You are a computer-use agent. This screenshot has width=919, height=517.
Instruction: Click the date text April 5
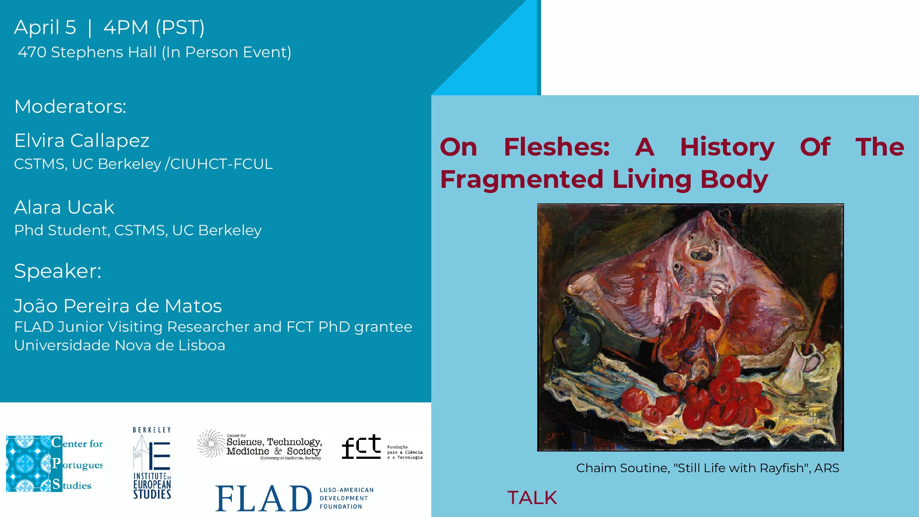click(x=45, y=28)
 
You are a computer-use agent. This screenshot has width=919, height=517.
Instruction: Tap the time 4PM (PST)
click(x=154, y=28)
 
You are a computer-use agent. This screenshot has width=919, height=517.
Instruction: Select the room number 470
click(x=32, y=52)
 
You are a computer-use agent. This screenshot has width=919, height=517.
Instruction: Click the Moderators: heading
click(x=70, y=106)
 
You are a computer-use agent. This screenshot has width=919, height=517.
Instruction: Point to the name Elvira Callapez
click(x=82, y=141)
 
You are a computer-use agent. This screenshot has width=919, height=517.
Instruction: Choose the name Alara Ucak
click(x=64, y=207)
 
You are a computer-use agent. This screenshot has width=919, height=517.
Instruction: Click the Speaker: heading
click(x=58, y=271)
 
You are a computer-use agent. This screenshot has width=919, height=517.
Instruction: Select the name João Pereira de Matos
click(x=118, y=305)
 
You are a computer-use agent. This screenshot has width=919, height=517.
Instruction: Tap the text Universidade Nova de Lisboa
click(x=120, y=345)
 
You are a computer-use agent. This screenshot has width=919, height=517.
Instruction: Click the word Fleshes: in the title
click(x=557, y=147)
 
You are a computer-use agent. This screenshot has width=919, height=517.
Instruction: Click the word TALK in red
click(x=532, y=498)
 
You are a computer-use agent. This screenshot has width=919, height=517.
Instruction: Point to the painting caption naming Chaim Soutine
click(x=707, y=468)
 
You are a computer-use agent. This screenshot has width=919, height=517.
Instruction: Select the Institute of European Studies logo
click(x=152, y=463)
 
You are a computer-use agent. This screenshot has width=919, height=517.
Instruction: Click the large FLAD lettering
click(x=263, y=498)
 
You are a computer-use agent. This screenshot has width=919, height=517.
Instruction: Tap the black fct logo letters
click(x=361, y=447)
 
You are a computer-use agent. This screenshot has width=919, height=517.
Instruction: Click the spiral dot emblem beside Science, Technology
click(x=211, y=444)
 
